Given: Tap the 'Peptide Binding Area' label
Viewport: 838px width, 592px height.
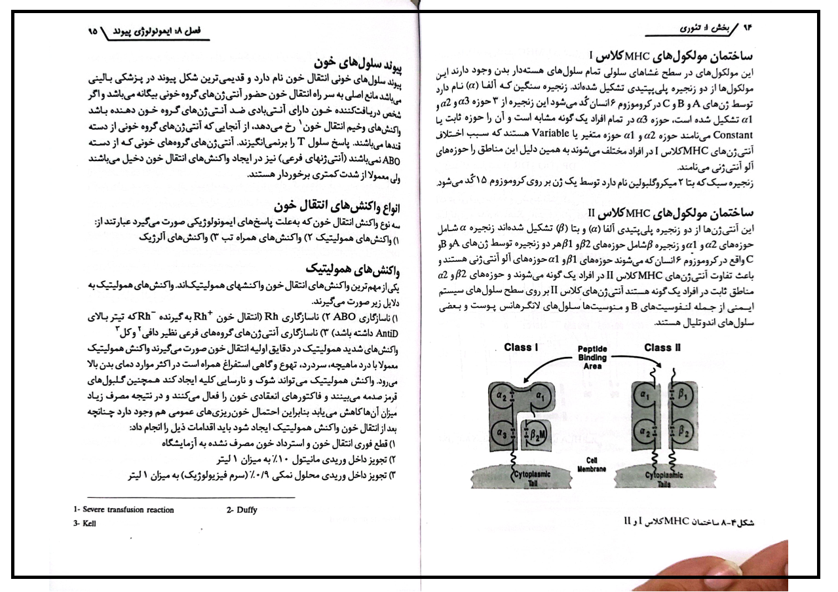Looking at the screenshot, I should click(592, 358).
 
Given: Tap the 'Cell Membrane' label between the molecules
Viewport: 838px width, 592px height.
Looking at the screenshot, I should click(592, 464).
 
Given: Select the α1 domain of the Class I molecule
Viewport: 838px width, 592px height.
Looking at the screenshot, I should click(541, 396).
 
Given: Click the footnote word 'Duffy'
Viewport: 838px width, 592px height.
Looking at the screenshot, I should click(242, 510).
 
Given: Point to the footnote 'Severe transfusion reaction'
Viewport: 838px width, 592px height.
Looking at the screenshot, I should click(124, 510).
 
